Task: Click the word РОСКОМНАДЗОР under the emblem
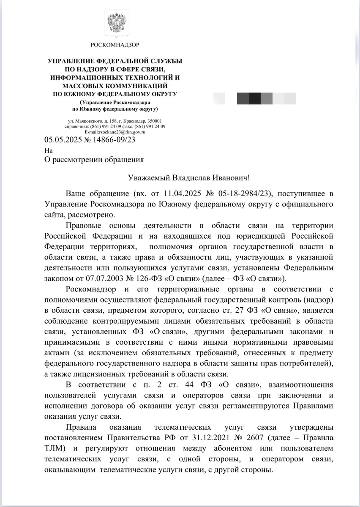tap(115, 44)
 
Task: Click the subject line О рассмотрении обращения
tap(94, 160)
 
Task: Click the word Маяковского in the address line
tap(87, 121)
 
